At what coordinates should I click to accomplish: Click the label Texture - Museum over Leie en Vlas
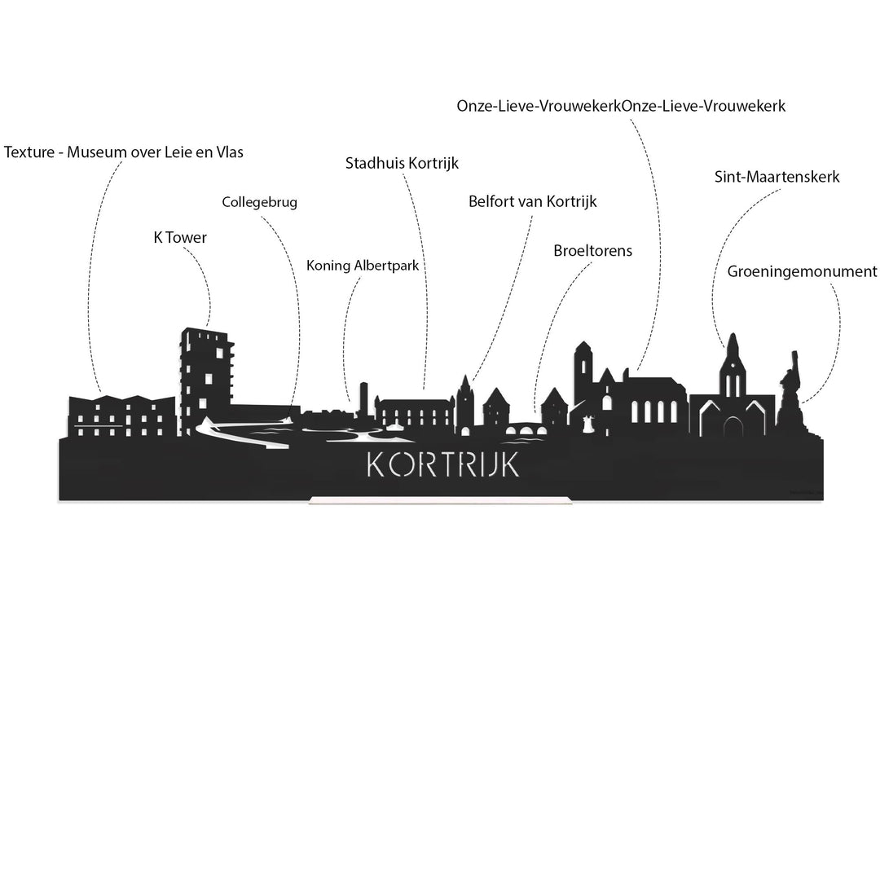[x=124, y=152]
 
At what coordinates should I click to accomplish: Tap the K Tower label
[x=180, y=238]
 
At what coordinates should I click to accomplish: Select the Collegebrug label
[x=260, y=202]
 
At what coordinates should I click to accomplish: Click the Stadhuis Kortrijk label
[x=402, y=163]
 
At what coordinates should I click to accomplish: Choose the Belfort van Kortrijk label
[x=532, y=201]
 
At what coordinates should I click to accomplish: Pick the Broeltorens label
[x=592, y=251]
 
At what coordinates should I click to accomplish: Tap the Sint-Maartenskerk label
[x=777, y=177]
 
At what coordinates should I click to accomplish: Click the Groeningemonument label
[x=802, y=271]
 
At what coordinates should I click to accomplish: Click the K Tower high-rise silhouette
[x=204, y=375]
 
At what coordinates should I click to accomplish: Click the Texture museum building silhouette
[x=122, y=416]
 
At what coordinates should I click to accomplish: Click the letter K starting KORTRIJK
[x=376, y=464]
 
